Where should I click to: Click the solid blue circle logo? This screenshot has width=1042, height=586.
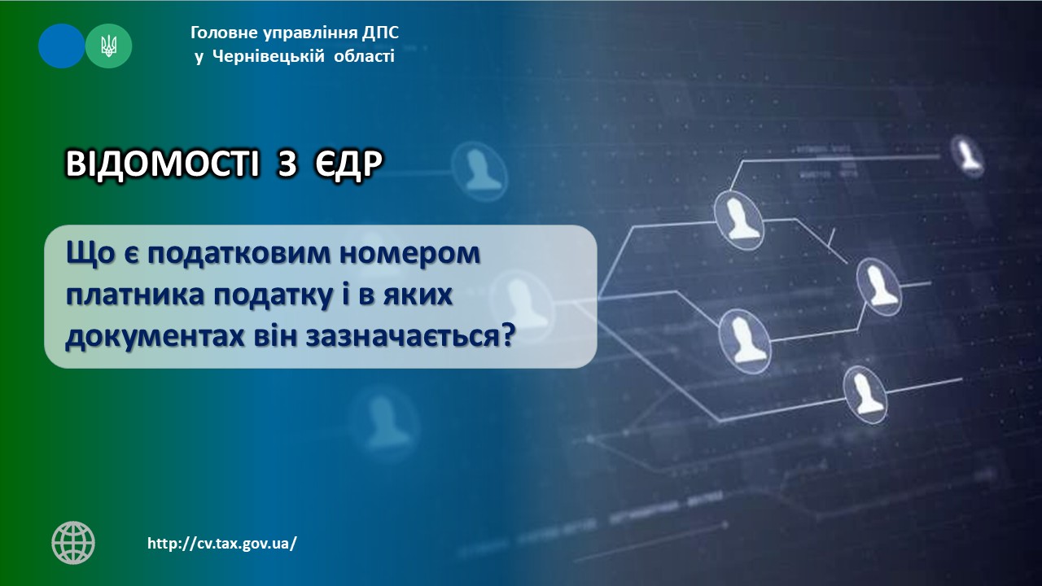coord(61,46)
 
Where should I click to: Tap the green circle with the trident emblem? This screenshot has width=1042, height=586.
coord(109,46)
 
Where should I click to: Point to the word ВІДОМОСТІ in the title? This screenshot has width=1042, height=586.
coord(162,164)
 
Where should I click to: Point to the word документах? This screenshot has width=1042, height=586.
coord(155,337)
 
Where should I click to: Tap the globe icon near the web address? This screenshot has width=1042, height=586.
coord(73,542)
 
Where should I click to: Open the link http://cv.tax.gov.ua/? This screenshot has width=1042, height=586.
coord(222,543)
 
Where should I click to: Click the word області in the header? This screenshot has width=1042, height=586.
coord(364,57)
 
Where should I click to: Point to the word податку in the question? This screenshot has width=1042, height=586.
coord(273,295)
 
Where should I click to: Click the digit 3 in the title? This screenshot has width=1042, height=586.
coord(287,164)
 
